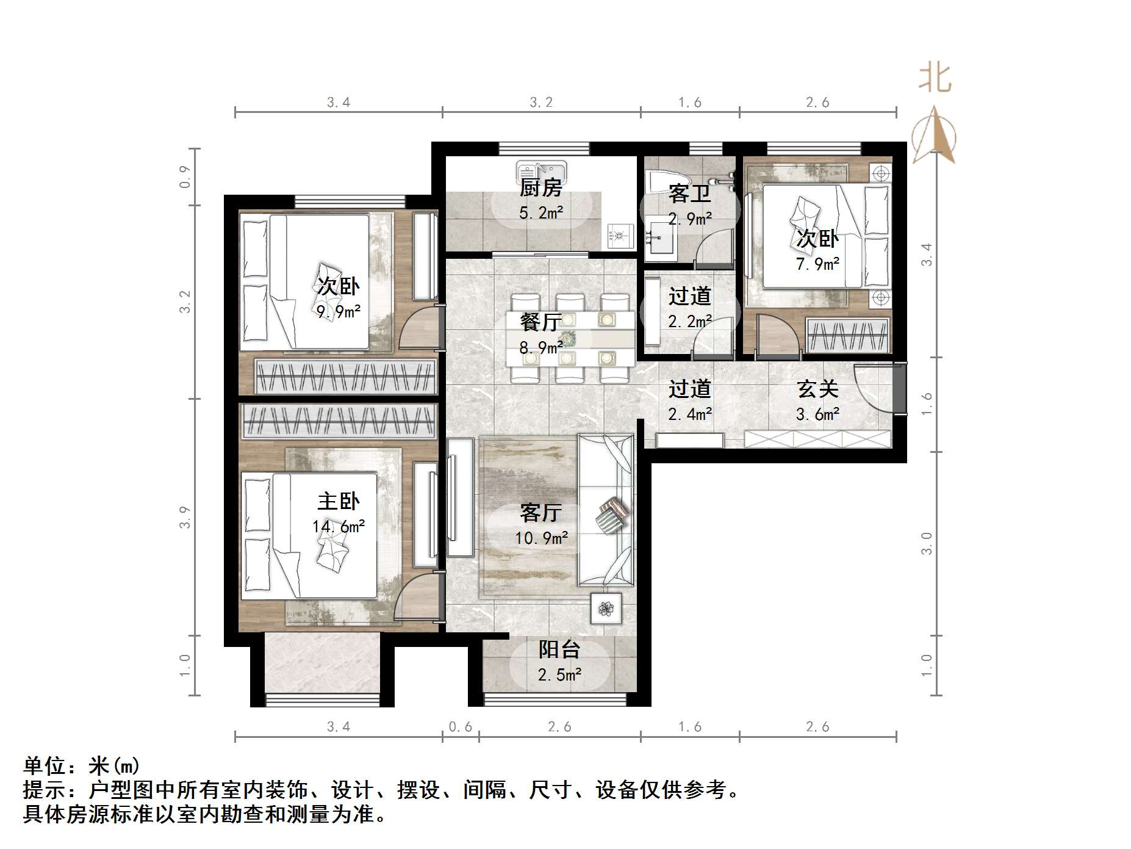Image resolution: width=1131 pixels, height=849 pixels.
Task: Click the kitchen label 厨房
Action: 540,187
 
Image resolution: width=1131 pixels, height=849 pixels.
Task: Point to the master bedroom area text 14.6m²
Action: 339,526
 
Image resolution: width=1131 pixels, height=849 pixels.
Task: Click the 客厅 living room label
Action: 540,512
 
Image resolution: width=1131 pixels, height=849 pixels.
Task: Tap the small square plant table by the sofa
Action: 606,608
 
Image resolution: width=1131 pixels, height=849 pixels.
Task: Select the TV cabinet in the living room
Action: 460,497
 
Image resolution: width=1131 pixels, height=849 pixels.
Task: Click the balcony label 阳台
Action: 559,649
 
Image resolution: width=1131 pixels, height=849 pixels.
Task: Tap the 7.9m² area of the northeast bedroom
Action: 817,264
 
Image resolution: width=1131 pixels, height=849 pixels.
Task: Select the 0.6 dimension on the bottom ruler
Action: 461,726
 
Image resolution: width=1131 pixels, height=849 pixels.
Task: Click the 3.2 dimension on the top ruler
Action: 541,103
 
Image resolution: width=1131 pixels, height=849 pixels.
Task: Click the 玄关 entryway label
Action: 817,389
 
